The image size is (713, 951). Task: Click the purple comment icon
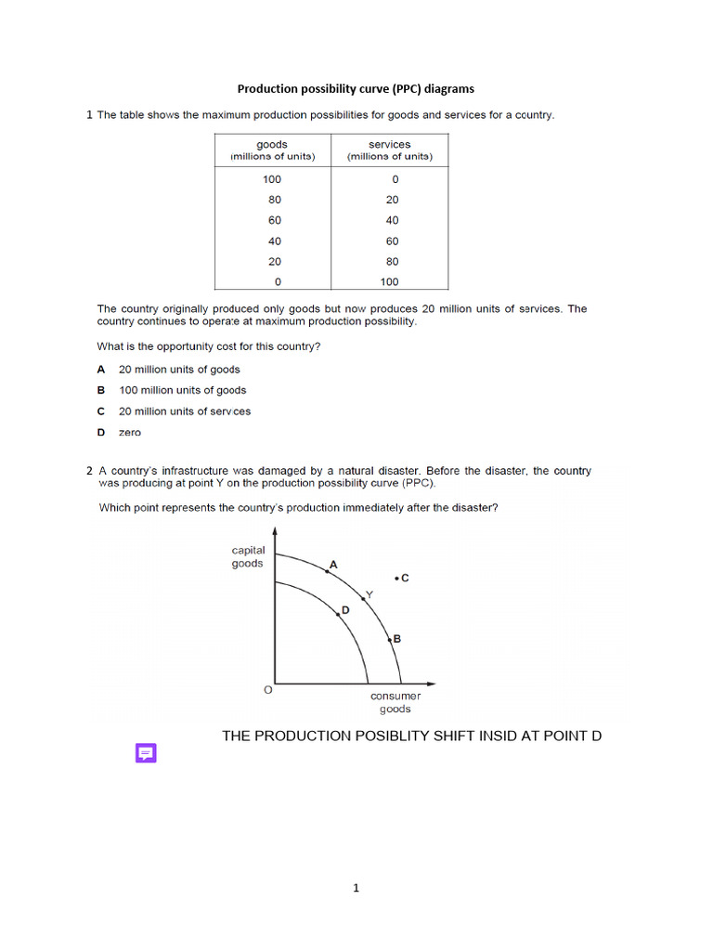[146, 753]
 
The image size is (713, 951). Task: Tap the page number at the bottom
[356, 888]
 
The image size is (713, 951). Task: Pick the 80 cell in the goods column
[274, 200]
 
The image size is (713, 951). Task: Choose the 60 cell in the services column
[392, 241]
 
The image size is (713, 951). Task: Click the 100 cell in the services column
[389, 281]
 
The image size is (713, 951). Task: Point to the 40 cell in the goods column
[274, 241]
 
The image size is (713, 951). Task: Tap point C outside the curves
[397, 578]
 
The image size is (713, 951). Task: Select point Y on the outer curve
[363, 599]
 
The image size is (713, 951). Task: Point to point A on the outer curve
[327, 571]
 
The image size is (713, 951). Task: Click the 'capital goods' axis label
[248, 556]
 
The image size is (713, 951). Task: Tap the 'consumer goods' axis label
[395, 702]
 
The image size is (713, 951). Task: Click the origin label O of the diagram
[268, 690]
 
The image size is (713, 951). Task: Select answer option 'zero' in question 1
[130, 432]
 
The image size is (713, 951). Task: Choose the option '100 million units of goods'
[182, 390]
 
